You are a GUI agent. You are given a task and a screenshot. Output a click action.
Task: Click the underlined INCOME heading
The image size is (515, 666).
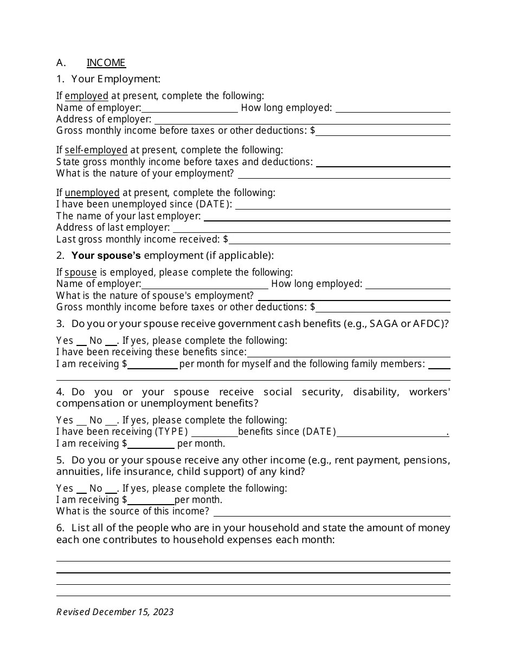106,63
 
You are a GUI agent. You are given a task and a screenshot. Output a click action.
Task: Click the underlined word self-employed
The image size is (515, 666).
96,150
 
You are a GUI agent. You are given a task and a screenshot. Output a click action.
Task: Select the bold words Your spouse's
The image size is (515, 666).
106,255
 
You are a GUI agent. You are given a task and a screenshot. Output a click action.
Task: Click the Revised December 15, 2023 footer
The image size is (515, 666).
115,612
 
